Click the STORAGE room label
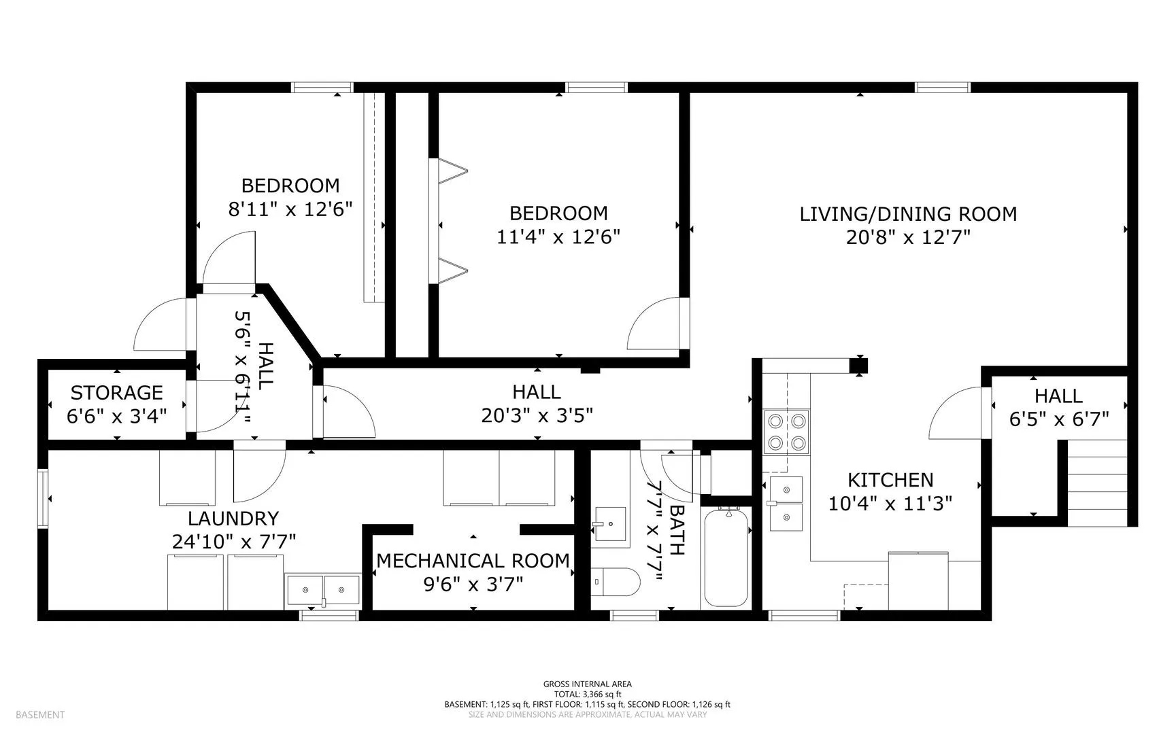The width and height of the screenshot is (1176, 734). click(117, 393)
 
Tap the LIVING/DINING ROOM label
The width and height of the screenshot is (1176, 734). click(908, 214)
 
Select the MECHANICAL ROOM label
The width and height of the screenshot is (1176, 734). click(473, 561)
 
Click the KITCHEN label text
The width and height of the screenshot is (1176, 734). click(890, 480)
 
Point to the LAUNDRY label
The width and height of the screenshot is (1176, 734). click(233, 519)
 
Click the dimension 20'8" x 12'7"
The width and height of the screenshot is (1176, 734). click(908, 237)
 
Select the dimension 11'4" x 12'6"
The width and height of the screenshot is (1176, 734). click(558, 237)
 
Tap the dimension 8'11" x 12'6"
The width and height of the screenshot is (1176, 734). click(290, 209)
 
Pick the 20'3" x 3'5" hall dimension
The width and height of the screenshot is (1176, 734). click(537, 415)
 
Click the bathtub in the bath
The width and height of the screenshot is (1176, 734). click(726, 557)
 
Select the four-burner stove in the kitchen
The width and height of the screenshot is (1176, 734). click(786, 432)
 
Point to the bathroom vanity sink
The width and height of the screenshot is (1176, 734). click(611, 524)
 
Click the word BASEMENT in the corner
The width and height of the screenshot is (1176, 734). click(40, 714)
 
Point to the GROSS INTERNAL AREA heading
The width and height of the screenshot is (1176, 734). click(588, 684)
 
